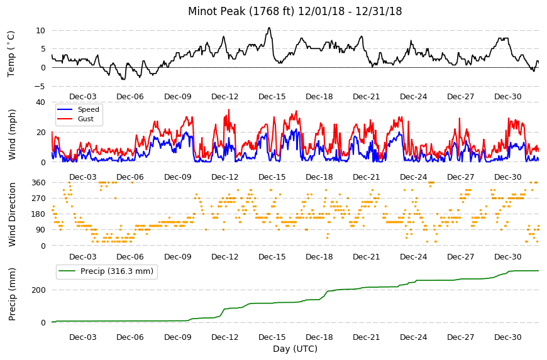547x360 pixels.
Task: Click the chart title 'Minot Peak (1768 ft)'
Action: point(241,11)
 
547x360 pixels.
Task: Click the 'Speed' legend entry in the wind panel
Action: point(88,109)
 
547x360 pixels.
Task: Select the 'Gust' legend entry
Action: point(86,119)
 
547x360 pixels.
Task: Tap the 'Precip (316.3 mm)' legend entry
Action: point(117,271)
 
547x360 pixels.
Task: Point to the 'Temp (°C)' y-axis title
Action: point(11,54)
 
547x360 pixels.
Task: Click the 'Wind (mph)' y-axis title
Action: point(12,134)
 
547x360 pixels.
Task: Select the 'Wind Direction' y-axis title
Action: point(12,214)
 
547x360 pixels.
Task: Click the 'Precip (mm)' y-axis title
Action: point(12,295)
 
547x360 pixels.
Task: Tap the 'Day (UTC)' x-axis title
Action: point(295,349)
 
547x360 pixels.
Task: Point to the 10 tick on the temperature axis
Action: point(40,31)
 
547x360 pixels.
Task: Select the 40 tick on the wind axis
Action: point(40,102)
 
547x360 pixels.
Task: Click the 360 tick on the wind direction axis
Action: point(39,183)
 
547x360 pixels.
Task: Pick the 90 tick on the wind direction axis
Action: point(41,230)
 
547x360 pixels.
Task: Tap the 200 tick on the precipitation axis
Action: point(39,290)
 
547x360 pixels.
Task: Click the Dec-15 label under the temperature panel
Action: point(272,97)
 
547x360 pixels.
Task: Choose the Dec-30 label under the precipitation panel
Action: point(508,337)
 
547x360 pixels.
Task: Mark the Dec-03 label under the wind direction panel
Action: point(82,257)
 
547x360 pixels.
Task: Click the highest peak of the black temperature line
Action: point(269,28)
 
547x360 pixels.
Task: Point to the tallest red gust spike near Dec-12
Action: point(229,110)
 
